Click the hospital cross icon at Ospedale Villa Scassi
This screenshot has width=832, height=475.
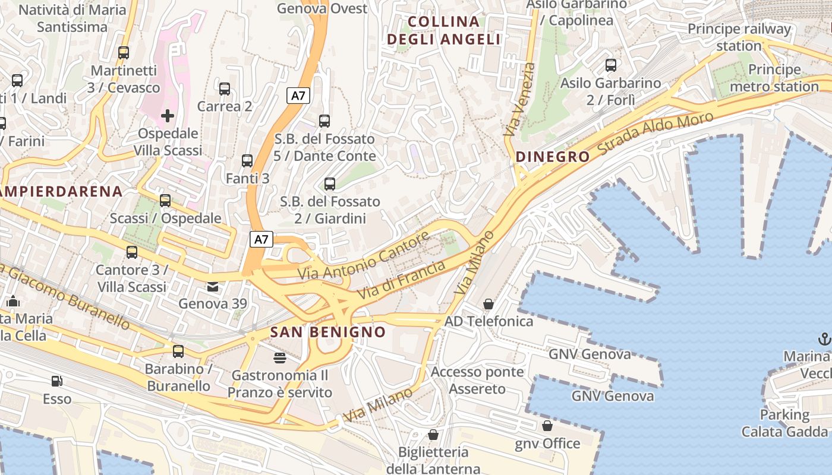[x=168, y=115]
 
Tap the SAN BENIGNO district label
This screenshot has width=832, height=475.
[x=328, y=332]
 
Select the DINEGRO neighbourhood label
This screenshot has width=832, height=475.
[x=553, y=157]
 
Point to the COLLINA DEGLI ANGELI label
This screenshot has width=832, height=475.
[x=443, y=31]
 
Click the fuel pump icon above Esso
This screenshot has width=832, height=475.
[x=57, y=381]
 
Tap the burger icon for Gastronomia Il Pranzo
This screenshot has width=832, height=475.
[x=279, y=357]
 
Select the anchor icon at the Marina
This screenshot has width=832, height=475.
[x=824, y=339]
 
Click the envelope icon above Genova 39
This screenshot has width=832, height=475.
[x=212, y=287]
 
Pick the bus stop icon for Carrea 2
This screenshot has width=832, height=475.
[x=225, y=89]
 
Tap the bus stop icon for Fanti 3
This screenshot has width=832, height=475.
[x=247, y=161]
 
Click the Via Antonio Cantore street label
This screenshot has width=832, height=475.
[x=364, y=256]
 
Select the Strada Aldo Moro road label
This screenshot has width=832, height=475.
[x=655, y=134]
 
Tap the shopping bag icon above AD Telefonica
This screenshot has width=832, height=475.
[x=489, y=304]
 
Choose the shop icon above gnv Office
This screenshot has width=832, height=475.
[x=547, y=426]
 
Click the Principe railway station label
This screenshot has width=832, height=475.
[x=739, y=37]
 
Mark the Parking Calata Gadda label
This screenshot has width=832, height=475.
[x=784, y=423]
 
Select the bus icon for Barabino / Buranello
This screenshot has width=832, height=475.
[x=178, y=351]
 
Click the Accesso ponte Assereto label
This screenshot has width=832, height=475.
[x=477, y=381]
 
